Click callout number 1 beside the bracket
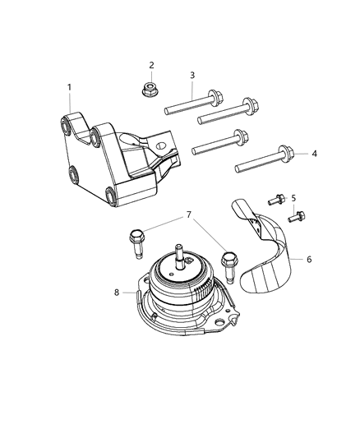point(70,87)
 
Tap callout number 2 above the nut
point(151,65)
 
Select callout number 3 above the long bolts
point(192,76)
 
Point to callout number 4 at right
point(313,154)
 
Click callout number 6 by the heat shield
point(309,259)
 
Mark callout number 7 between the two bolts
point(191,214)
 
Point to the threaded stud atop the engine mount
point(178,252)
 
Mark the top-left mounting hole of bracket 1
point(69,125)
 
